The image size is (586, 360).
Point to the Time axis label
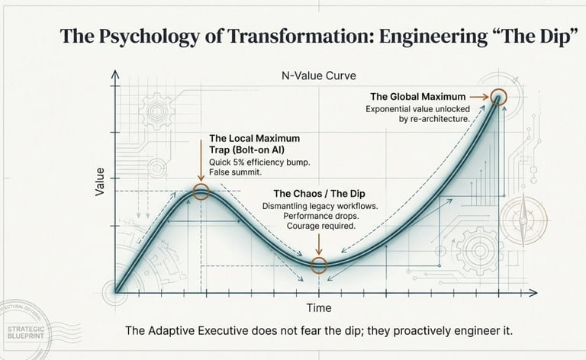click(x=318, y=307)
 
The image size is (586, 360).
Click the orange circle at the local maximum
click(x=201, y=191)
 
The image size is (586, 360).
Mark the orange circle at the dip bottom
click(x=319, y=265)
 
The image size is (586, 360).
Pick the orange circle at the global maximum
click(x=498, y=97)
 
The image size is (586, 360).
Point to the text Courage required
click(x=320, y=227)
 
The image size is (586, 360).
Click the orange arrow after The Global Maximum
click(x=477, y=97)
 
